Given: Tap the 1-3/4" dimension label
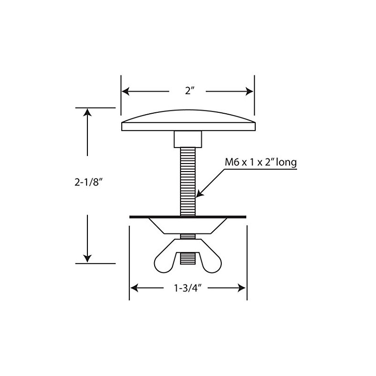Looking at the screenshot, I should pyautogui.click(x=188, y=288).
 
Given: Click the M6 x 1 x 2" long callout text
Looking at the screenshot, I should pyautogui.click(x=260, y=163).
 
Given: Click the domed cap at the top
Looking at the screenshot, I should pyautogui.click(x=188, y=120).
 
